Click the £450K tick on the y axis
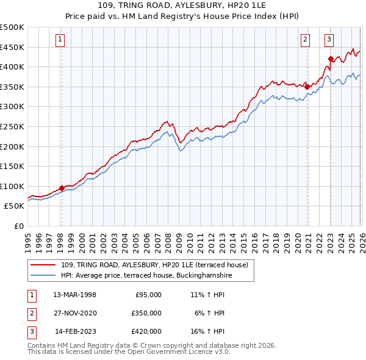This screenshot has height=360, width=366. [12, 47]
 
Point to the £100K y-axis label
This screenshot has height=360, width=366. [12, 186]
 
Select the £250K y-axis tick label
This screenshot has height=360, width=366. [12, 126]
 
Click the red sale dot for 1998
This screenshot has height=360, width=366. [62, 188]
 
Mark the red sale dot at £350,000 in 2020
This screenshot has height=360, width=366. [307, 87]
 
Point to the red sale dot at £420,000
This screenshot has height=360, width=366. [331, 59]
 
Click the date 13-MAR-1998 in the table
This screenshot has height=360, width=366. [75, 295]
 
